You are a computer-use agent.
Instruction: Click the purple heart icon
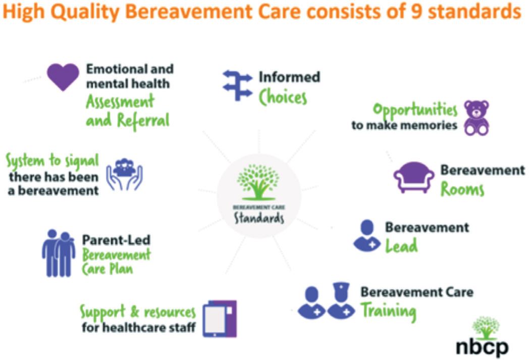[63, 77]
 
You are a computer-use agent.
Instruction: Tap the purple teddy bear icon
[477, 118]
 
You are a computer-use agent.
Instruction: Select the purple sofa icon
[413, 177]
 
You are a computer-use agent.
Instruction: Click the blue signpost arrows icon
[237, 85]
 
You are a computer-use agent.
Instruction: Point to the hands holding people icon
[125, 174]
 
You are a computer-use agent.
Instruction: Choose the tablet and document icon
[220, 319]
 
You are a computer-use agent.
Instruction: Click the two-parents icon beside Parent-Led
[59, 253]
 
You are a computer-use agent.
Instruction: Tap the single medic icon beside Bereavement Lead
[367, 236]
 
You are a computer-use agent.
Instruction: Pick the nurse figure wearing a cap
[341, 300]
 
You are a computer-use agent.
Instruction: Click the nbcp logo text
[482, 347]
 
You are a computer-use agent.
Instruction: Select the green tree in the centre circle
[258, 182]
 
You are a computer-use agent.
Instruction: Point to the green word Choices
[283, 97]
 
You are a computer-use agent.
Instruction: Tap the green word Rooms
[462, 189]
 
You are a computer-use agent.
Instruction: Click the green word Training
[388, 312]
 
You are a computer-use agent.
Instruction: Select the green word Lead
[401, 245]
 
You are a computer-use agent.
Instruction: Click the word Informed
[289, 77]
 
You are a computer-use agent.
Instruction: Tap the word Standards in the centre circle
[259, 218]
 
